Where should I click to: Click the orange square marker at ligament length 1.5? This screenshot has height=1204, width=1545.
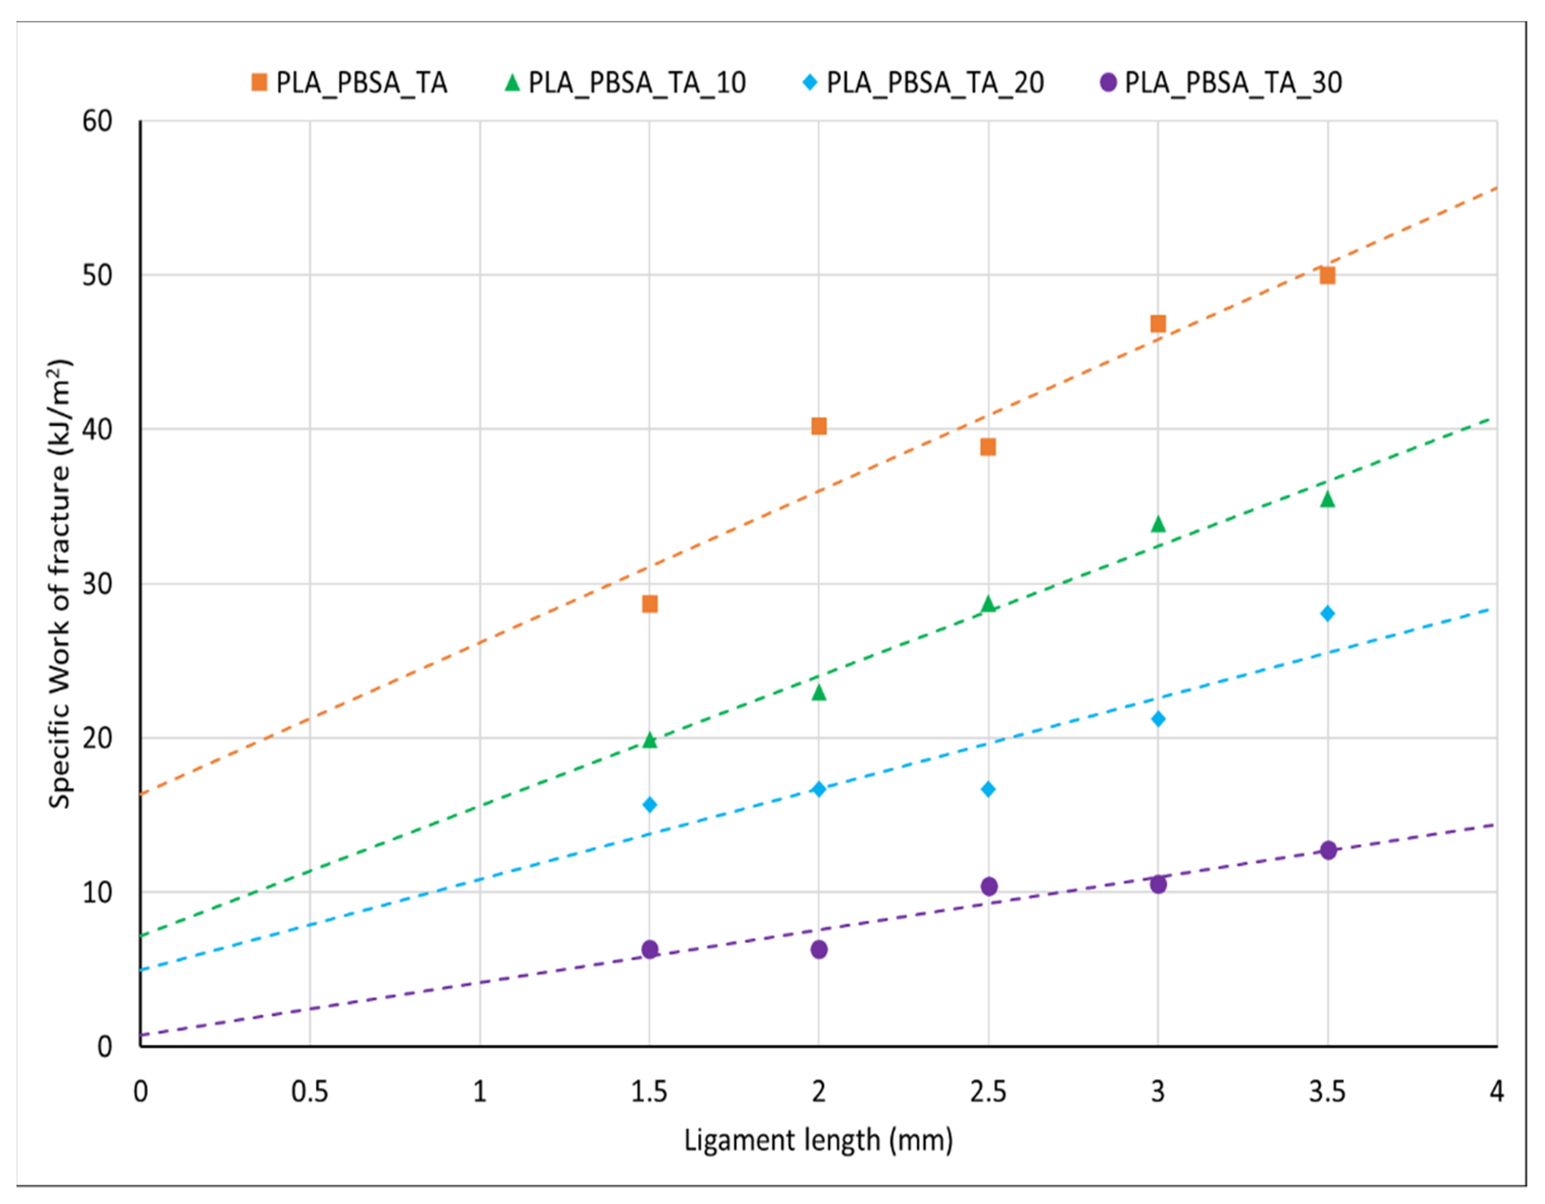[649, 603]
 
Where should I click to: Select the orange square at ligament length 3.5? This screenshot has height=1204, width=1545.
[1327, 275]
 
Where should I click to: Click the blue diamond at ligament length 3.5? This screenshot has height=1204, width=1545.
[1327, 613]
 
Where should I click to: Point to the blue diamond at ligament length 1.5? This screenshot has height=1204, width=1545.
[649, 804]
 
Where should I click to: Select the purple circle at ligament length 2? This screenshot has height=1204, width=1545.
[819, 949]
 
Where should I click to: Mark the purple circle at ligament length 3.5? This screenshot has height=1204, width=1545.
[1328, 850]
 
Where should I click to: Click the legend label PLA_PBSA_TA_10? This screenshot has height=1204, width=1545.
[637, 83]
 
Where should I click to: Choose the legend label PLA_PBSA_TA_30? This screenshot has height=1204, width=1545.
[1233, 83]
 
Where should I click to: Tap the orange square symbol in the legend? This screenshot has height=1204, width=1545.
[259, 83]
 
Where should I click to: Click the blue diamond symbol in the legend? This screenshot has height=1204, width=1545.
[810, 83]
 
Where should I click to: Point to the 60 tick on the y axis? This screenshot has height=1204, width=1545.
[97, 122]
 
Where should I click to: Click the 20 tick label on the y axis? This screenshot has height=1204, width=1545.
[97, 738]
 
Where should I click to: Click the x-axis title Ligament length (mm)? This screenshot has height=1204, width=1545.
[819, 1140]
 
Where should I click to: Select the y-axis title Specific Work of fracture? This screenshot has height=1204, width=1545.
[59, 583]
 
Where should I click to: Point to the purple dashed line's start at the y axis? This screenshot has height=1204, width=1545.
[141, 1035]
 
